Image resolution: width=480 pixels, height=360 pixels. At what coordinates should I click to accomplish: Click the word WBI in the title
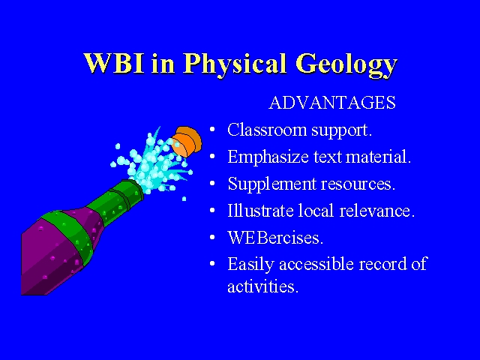tap(114, 63)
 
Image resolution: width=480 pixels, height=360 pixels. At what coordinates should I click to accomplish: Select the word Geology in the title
tap(346, 66)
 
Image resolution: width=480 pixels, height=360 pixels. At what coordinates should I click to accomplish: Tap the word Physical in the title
tap(235, 65)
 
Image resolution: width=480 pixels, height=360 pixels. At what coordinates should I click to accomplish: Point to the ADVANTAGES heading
tap(332, 103)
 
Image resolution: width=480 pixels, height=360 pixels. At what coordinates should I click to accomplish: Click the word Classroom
tap(267, 130)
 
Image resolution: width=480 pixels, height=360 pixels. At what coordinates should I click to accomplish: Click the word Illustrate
tap(260, 211)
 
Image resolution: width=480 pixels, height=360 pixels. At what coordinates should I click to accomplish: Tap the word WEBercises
tap(275, 238)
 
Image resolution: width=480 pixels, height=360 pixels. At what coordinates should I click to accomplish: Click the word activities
tap(262, 286)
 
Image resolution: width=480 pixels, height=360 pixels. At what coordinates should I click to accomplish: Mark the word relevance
tap(376, 211)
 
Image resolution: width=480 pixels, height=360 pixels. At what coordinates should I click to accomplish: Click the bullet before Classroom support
tap(212, 130)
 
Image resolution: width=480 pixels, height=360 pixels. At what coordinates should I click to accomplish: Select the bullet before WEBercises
tap(212, 238)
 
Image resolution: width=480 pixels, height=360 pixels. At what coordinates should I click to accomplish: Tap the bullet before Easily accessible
tap(212, 264)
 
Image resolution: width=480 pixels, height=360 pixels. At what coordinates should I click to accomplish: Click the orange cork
tap(186, 142)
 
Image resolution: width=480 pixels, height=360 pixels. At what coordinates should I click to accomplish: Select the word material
tap(378, 157)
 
